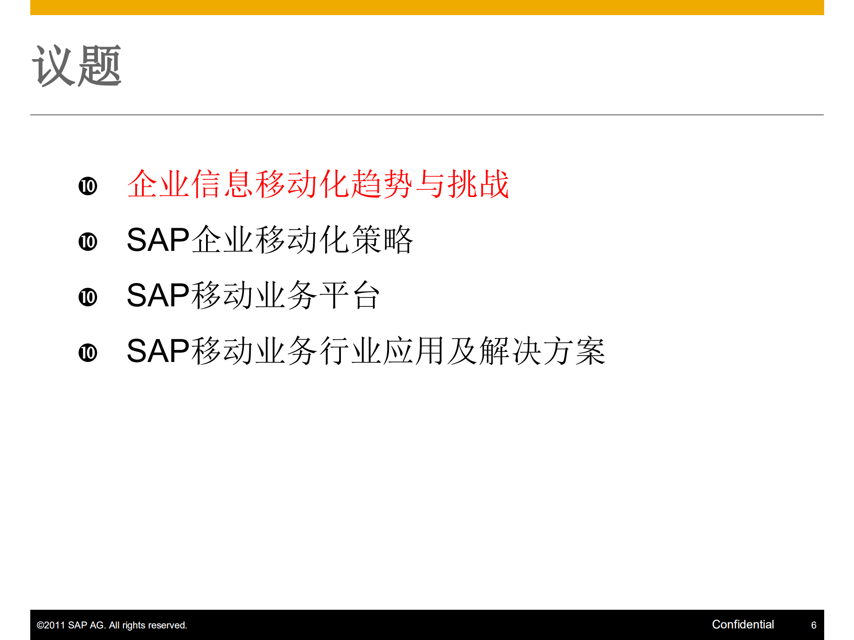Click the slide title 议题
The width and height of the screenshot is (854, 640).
77,66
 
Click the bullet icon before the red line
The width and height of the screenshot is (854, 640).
88,186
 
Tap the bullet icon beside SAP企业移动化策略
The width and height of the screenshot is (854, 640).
88,242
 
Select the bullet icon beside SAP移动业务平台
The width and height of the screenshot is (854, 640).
88,297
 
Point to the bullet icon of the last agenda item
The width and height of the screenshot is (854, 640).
88,353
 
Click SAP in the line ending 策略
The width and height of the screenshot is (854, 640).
158,240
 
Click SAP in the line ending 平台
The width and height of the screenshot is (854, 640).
158,295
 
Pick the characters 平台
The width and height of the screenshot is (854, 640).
350,295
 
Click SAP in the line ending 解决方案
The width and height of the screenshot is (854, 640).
158,351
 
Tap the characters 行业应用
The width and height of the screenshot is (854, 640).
382,351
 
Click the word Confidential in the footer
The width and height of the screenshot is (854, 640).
743,624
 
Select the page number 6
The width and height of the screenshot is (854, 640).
814,625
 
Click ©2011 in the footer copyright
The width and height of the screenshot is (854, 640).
51,625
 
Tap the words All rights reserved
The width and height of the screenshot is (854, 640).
148,625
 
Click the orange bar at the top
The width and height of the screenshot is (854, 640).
427,7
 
